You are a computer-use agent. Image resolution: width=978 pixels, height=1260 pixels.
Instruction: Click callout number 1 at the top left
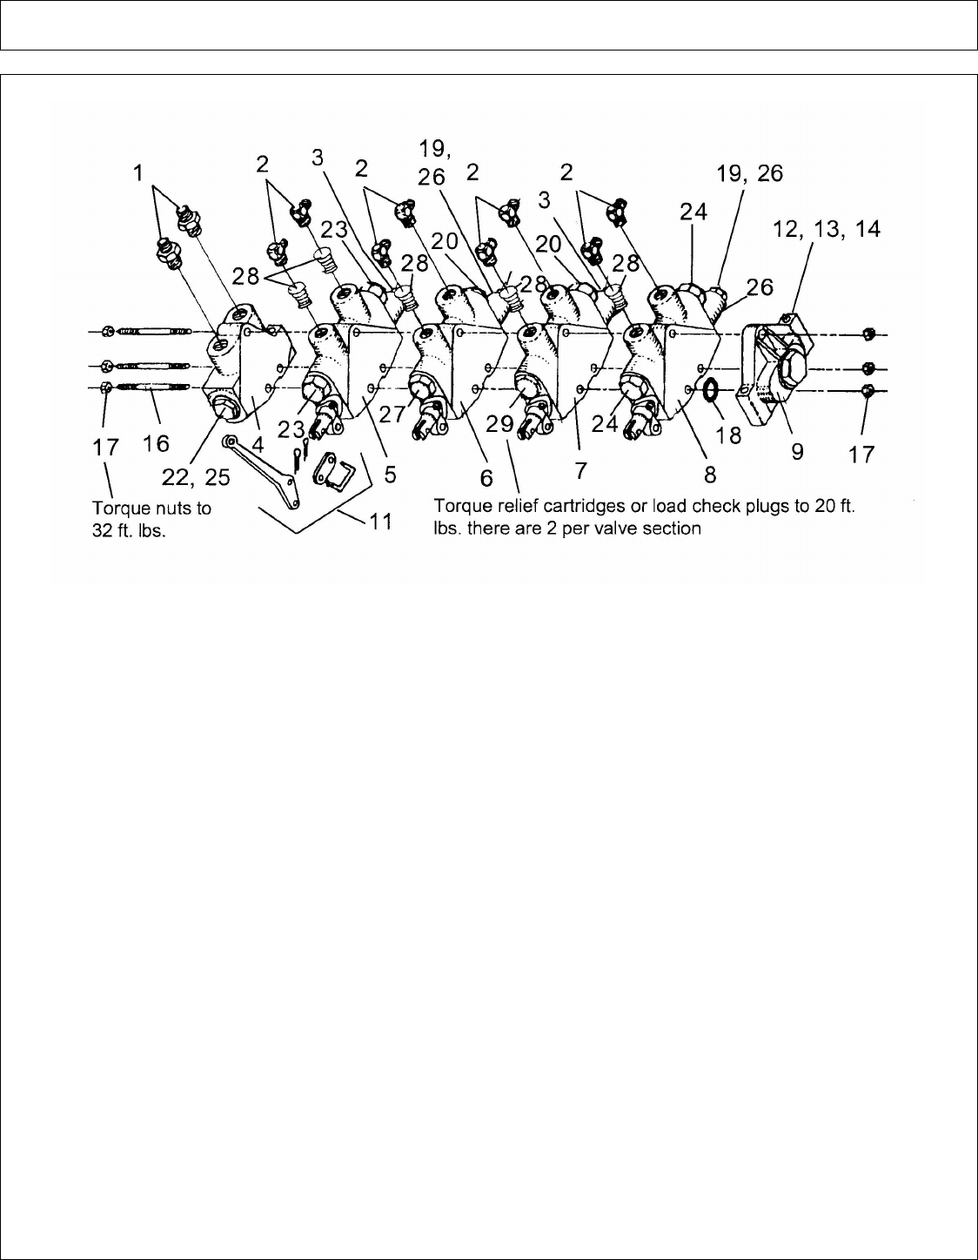[136, 174]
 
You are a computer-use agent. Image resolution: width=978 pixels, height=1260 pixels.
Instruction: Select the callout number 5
[391, 474]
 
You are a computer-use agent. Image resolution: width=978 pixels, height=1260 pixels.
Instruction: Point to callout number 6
[486, 478]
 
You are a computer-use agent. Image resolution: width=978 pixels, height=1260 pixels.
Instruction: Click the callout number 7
[580, 470]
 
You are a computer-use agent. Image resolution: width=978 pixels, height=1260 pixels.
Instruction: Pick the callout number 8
[710, 474]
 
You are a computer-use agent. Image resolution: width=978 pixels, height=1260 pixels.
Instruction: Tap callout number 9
[797, 452]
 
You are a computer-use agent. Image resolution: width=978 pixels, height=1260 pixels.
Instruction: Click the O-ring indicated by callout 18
[710, 391]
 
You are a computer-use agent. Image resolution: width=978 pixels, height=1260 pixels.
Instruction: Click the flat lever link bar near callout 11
[264, 470]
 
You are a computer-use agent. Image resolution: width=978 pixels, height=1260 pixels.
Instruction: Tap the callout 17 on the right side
[861, 454]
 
